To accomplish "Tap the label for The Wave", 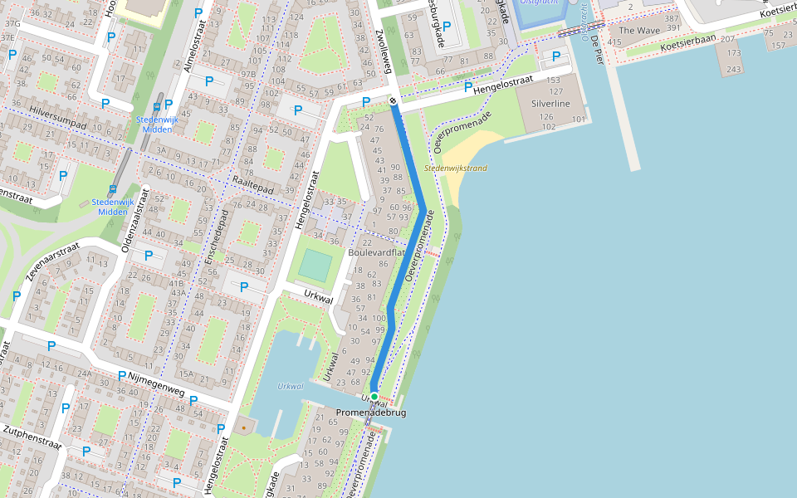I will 638,31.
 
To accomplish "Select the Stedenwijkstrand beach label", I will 455,168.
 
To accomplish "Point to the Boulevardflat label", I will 376,252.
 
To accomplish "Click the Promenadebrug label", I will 371,413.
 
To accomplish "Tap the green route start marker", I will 374,397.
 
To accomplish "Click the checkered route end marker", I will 392,101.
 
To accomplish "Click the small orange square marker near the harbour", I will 244,428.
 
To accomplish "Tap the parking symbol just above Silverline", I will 556,56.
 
